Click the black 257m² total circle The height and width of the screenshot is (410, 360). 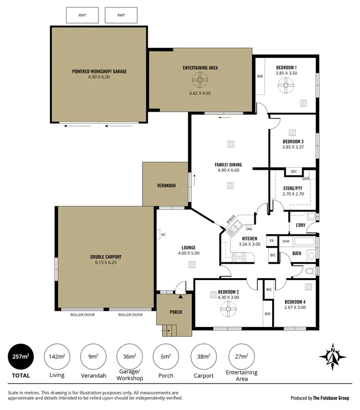click(x=23, y=357)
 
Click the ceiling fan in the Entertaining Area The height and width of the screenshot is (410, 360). click(x=200, y=80)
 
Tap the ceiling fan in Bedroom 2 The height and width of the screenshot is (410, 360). click(x=228, y=309)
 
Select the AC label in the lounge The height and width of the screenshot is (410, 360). click(x=163, y=234)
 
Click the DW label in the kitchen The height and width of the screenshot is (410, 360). click(x=249, y=228)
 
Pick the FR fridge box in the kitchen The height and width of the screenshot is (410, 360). click(x=272, y=241)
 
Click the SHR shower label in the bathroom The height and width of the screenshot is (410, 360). click(x=286, y=241)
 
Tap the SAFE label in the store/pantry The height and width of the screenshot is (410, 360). click(x=306, y=179)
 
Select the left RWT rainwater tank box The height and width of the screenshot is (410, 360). click(x=83, y=15)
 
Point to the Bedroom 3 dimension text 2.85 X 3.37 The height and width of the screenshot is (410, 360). click(x=293, y=148)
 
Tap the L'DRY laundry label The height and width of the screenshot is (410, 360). click(x=300, y=225)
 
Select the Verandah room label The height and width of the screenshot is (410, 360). click(x=165, y=186)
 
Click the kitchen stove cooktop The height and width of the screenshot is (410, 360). click(x=239, y=258)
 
